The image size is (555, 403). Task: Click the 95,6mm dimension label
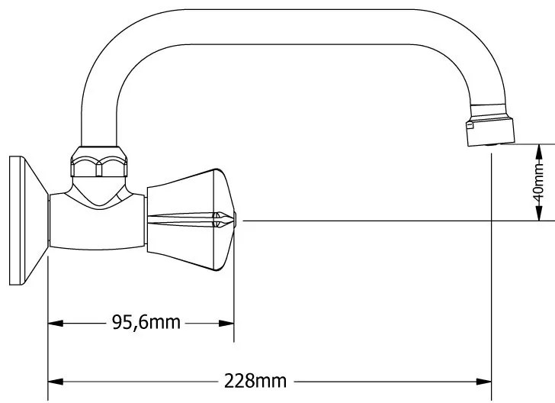[146, 322]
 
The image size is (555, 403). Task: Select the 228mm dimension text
[255, 381]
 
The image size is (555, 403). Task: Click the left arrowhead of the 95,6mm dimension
[56, 324]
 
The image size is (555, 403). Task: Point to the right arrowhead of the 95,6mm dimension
[226, 324]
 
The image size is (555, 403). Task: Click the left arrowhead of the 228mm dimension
[56, 382]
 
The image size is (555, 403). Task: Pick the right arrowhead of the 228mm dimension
[484, 382]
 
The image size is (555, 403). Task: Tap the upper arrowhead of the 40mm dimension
[539, 152]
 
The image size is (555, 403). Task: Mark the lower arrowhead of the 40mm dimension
[539, 213]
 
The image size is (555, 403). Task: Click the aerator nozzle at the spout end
[490, 131]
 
